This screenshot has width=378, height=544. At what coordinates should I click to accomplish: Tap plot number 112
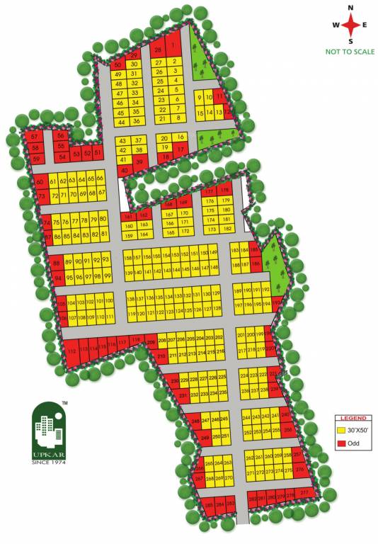click(x=71, y=350)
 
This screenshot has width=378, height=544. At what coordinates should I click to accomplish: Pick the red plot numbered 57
click(x=34, y=136)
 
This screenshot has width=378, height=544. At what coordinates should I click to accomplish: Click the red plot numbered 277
click(x=304, y=492)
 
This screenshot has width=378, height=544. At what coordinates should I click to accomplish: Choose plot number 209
click(x=150, y=344)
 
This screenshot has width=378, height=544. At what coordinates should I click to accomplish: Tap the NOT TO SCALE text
click(x=349, y=52)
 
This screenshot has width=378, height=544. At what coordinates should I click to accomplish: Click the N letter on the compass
click(x=350, y=8)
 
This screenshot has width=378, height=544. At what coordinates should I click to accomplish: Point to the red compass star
click(x=350, y=25)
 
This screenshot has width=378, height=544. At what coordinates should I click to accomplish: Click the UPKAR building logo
click(x=48, y=424)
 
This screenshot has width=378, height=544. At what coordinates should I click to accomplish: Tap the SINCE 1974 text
click(x=47, y=462)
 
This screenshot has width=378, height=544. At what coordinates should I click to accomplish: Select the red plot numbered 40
click(x=124, y=171)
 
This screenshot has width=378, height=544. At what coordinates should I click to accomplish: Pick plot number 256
click(x=288, y=430)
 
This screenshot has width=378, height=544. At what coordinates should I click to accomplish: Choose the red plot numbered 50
click(x=118, y=65)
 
